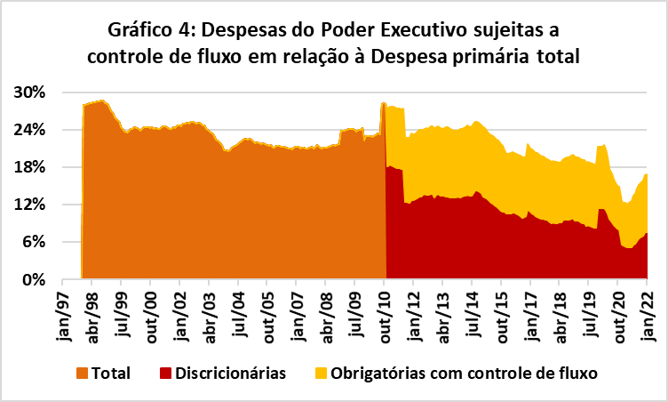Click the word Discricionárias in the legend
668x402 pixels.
(x=230, y=374)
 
